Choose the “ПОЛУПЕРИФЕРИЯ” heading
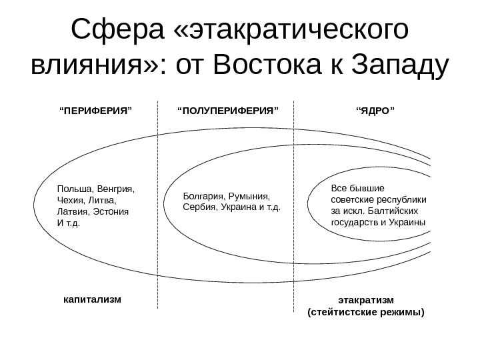pos(227,107)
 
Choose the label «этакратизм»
pos(366,300)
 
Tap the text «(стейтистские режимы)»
pos(365,311)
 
